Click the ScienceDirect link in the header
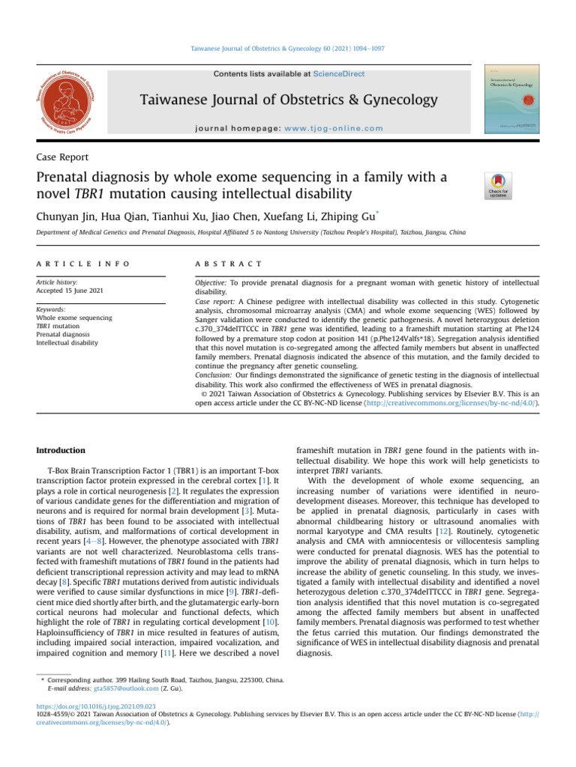tap(340, 73)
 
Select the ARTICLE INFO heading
tap(82, 264)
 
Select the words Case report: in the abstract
tap(208, 301)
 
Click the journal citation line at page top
tap(288, 48)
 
